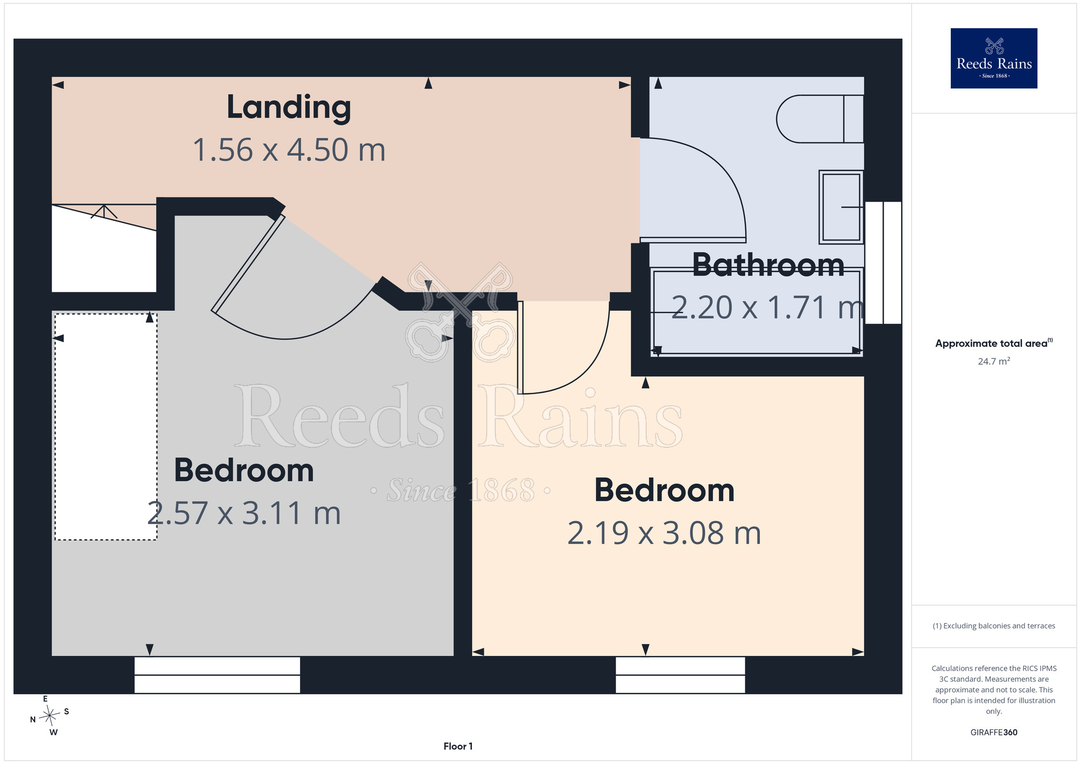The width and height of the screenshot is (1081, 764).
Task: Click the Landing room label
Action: (289, 108)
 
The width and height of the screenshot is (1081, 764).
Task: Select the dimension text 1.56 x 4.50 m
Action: (289, 150)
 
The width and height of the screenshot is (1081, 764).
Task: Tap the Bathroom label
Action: (768, 265)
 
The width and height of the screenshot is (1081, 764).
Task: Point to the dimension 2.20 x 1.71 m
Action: (768, 307)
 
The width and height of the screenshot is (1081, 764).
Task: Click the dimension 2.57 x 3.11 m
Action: (244, 513)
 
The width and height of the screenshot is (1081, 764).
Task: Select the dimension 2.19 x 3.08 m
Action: (664, 533)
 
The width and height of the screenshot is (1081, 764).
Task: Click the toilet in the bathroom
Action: (820, 119)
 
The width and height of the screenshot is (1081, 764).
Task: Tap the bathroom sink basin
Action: (840, 207)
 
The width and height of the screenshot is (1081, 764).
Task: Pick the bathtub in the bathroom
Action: (757, 312)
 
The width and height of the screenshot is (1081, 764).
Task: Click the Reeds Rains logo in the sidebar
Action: (994, 58)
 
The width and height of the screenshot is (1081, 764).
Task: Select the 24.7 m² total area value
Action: (994, 361)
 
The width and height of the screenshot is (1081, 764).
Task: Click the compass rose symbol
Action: (49, 716)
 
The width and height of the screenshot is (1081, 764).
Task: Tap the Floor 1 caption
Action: (458, 746)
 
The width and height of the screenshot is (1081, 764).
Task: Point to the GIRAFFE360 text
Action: (994, 733)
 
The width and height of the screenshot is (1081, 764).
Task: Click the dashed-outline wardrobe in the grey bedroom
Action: (106, 426)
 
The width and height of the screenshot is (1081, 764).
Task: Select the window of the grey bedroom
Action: (217, 675)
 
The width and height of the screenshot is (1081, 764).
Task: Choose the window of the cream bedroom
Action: (680, 675)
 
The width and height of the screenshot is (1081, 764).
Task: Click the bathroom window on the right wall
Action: (883, 263)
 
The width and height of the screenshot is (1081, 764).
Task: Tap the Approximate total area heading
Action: (994, 343)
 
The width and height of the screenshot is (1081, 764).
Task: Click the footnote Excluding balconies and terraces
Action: (994, 626)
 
